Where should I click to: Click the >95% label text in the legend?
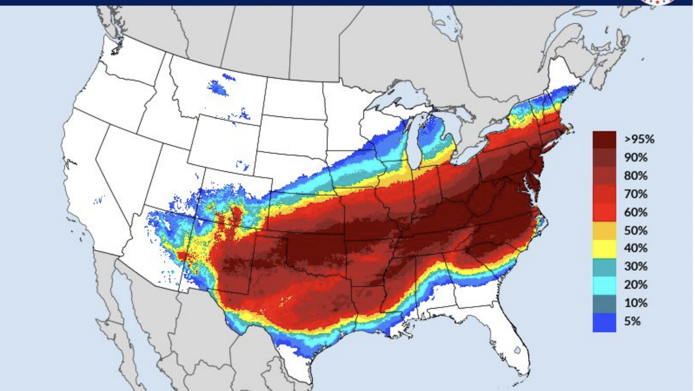639,140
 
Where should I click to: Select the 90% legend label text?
635,158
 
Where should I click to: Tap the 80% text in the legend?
635,176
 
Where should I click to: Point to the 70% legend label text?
635,195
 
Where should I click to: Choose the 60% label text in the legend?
635,213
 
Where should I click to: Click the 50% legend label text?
635,231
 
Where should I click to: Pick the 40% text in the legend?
635,248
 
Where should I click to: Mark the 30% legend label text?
635,267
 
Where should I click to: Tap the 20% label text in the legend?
635,285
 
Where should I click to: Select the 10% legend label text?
635,303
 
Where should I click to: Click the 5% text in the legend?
632,321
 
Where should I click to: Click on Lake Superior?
396,98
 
